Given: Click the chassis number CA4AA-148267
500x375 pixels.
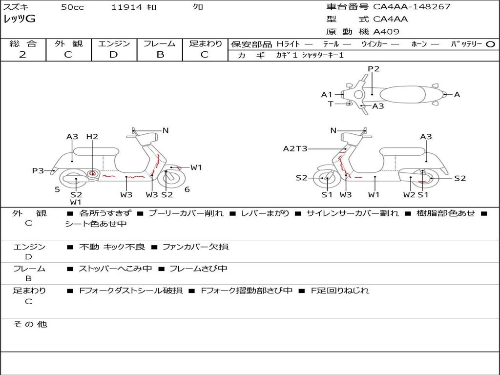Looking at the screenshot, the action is [412, 7].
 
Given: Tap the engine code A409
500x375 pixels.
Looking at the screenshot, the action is [386, 32].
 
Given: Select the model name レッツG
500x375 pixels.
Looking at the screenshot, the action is [20, 19].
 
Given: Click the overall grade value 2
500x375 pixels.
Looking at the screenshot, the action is [22, 55].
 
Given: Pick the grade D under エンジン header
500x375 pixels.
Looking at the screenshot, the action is [113, 55].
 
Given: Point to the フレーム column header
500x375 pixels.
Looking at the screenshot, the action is [160, 43].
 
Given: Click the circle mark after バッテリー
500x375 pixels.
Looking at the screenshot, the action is [490, 44].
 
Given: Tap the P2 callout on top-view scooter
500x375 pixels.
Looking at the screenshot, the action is [374, 68].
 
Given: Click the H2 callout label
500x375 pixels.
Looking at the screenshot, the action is [92, 137].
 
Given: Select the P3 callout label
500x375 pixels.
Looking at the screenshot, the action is [38, 170].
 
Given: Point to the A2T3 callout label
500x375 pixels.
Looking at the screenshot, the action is [295, 148].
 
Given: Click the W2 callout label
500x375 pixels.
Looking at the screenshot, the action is [409, 194].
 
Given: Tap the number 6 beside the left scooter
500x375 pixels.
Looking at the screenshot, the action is [187, 189].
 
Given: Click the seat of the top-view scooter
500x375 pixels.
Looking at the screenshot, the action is [403, 95].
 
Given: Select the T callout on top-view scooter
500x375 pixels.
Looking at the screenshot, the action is [331, 104].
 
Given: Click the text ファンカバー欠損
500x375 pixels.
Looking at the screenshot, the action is [195, 247].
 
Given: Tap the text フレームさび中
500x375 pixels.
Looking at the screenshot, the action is [198, 269].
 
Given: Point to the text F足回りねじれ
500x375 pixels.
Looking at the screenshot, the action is [340, 291].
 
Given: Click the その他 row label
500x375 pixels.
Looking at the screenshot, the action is [30, 324].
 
